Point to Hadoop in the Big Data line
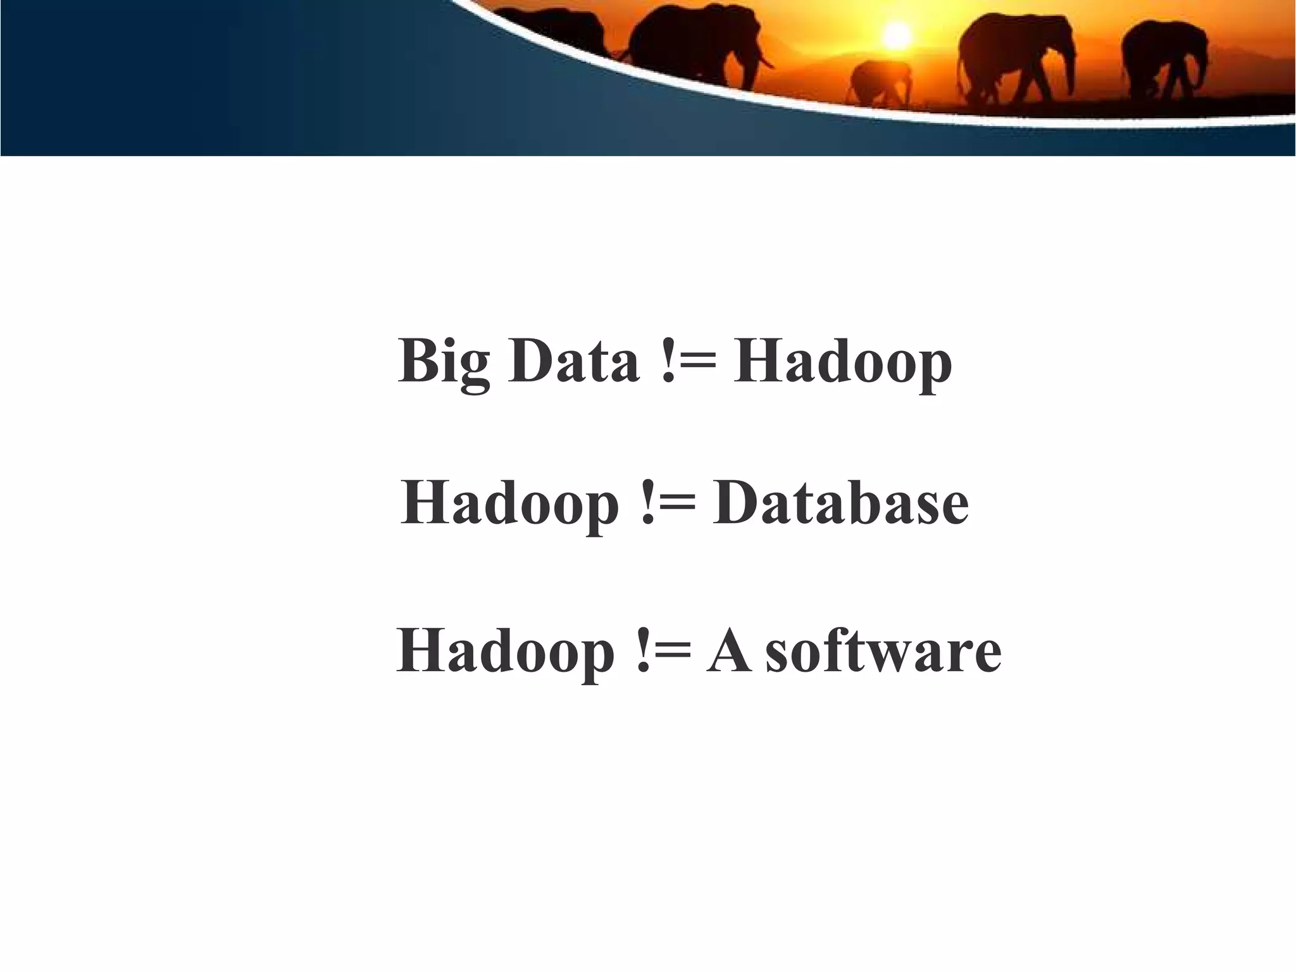(842, 364)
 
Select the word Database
(840, 504)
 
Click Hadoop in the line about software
(506, 652)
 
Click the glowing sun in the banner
(895, 34)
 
